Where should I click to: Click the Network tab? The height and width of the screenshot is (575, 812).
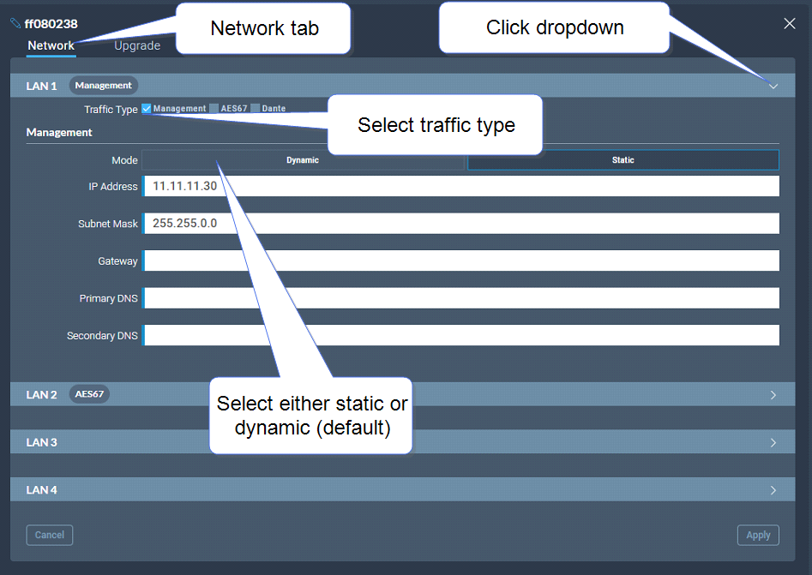coord(51,45)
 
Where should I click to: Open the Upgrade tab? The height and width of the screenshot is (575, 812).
coord(137,45)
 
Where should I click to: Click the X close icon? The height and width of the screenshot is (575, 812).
coord(789,23)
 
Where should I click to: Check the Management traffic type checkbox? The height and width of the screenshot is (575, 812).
coord(147,108)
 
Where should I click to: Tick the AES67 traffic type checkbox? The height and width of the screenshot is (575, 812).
coord(214,108)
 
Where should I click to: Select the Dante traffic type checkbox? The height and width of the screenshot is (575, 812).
coord(255,108)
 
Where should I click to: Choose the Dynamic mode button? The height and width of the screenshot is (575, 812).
coord(303,160)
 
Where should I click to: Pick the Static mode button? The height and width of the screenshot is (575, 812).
coord(623,160)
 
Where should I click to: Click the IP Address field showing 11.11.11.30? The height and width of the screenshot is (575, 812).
coord(461,186)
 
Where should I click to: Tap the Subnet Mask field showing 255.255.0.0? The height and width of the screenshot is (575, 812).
coord(461,223)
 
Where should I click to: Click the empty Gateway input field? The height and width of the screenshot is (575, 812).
coord(461,261)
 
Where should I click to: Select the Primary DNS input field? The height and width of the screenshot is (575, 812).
coord(461,297)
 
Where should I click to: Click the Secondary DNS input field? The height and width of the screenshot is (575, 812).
coord(461,335)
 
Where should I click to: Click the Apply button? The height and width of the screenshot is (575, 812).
coord(758,535)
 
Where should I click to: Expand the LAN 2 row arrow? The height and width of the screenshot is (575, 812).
coord(773,395)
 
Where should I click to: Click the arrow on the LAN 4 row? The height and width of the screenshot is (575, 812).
coord(773,490)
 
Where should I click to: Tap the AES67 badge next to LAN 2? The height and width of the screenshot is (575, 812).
coord(89,394)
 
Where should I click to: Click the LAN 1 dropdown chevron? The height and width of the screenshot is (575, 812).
coord(773,86)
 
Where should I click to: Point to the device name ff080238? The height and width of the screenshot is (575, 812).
coord(51,24)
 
